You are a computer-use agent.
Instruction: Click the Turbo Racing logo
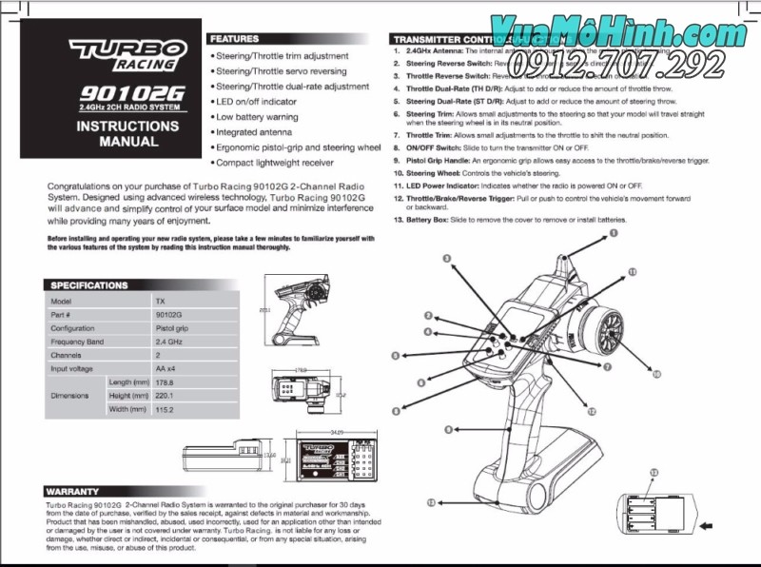122,56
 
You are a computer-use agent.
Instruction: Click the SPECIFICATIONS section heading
88,284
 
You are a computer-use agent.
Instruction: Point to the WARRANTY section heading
73,491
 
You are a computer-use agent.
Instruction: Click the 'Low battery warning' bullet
257,116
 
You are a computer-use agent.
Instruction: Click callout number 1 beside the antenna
614,232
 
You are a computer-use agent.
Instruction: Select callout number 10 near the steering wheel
655,374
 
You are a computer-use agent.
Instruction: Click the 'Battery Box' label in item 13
434,220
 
